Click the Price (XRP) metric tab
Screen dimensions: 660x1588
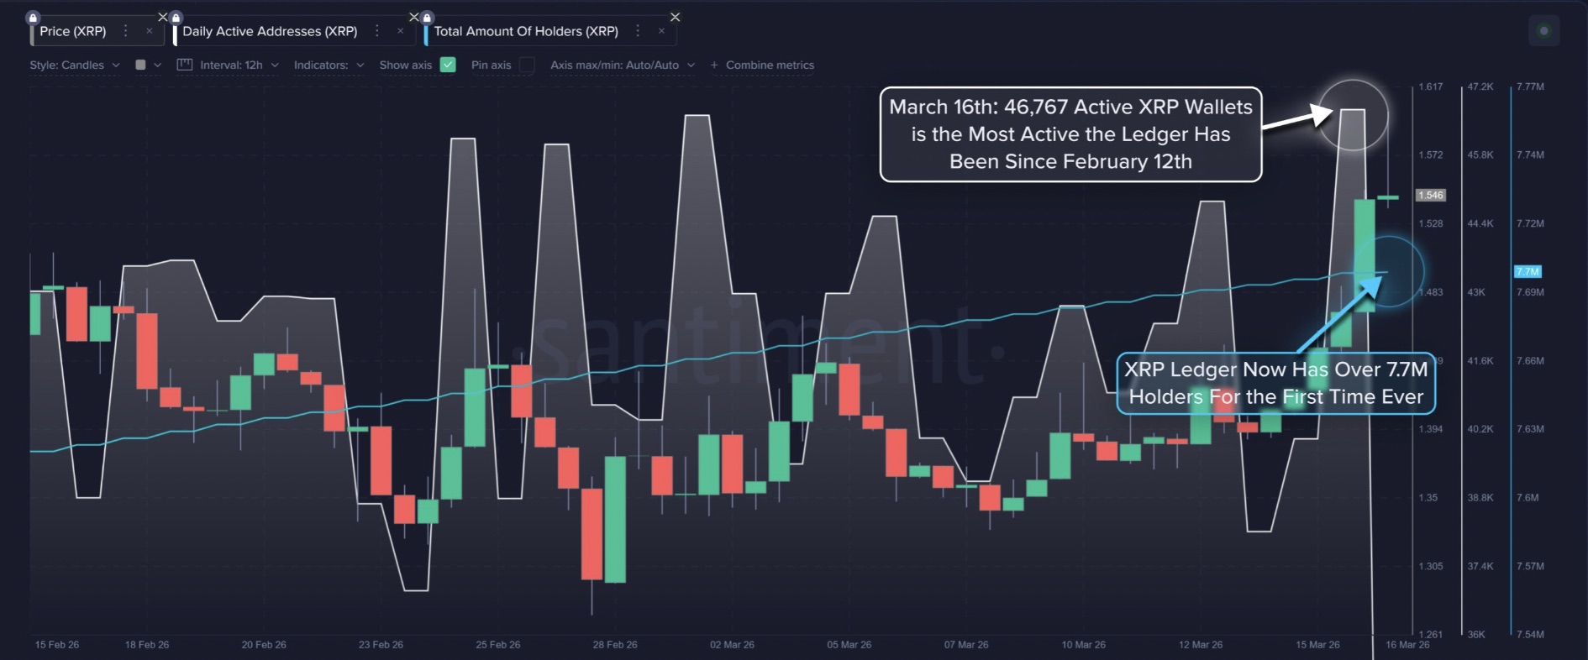(x=73, y=31)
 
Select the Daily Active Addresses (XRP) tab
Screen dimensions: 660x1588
(x=270, y=31)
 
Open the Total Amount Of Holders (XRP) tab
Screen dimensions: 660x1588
(x=526, y=31)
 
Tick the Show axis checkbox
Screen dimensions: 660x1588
(x=448, y=65)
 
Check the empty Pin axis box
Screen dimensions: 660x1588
(x=527, y=65)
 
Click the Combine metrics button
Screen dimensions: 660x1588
(x=762, y=65)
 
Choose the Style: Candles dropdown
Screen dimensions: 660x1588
(x=74, y=65)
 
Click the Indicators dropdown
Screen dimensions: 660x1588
(x=329, y=65)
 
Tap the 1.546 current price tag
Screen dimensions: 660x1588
(x=1431, y=195)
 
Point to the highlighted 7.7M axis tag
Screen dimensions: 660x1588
(x=1528, y=272)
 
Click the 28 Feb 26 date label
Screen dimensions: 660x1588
(x=615, y=645)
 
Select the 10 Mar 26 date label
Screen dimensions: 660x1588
(x=1083, y=645)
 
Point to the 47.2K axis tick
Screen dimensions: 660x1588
(x=1480, y=86)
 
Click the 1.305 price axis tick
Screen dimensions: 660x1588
(x=1431, y=566)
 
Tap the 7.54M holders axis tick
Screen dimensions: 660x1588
(x=1530, y=634)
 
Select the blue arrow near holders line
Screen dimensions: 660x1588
(x=1339, y=312)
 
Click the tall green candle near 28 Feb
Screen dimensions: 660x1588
(x=615, y=519)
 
